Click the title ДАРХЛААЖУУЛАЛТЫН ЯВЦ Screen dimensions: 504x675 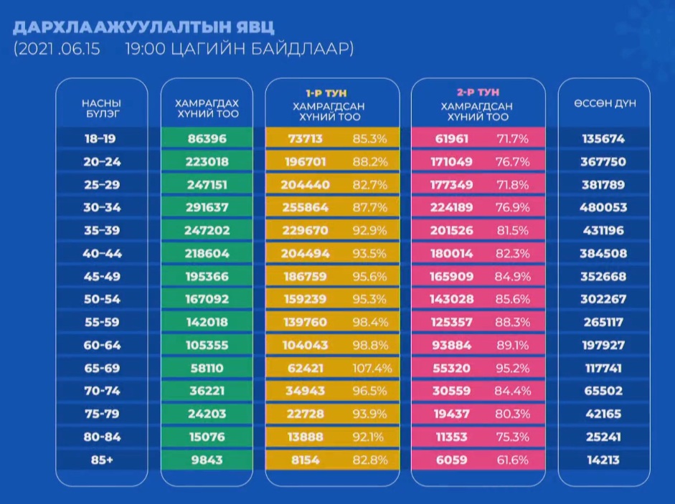[x=143, y=27]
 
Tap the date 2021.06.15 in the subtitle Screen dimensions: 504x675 [x=60, y=49]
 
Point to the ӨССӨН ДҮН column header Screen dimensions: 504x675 [x=604, y=103]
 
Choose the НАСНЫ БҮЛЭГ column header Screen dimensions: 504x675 [x=101, y=108]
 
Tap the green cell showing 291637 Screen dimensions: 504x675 [x=207, y=208]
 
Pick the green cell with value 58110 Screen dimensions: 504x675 [x=207, y=369]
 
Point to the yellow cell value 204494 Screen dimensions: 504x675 [x=306, y=254]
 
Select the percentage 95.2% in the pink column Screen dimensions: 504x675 [x=512, y=369]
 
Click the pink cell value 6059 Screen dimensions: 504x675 [x=451, y=460]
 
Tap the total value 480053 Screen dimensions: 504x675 [x=603, y=208]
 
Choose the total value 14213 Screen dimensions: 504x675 [x=603, y=460]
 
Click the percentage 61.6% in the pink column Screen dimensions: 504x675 [x=512, y=460]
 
